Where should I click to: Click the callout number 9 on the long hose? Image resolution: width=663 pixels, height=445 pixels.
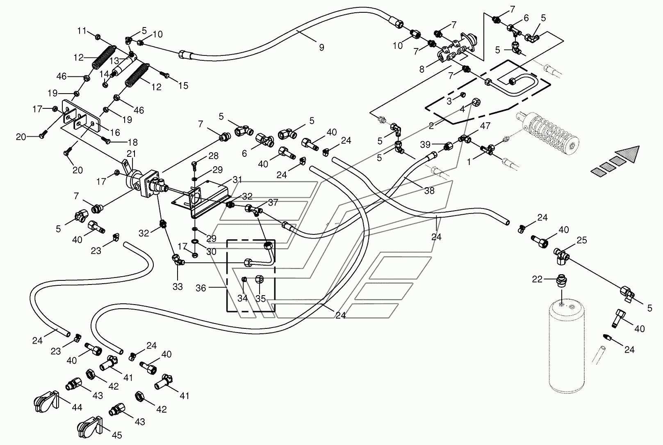(x=321, y=47)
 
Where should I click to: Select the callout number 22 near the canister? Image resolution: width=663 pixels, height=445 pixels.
(x=537, y=279)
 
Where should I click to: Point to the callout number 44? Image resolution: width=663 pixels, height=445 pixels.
(x=77, y=407)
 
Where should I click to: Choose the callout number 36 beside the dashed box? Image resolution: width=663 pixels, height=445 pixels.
(x=200, y=288)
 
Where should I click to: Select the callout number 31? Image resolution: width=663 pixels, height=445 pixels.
(x=237, y=179)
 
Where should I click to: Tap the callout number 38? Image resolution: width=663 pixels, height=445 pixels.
(x=429, y=190)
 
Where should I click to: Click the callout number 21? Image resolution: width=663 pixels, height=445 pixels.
(x=131, y=154)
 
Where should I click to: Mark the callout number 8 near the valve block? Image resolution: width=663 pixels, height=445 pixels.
(x=422, y=69)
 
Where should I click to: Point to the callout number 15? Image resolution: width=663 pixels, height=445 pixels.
(x=183, y=85)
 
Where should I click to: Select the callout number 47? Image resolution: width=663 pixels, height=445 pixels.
(x=485, y=126)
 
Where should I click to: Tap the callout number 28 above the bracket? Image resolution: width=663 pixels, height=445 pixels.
(x=213, y=156)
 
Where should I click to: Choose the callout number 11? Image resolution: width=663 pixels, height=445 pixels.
(x=82, y=30)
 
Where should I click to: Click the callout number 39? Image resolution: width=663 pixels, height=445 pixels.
(x=425, y=145)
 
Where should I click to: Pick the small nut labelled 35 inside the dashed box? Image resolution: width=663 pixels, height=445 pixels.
(x=259, y=279)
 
